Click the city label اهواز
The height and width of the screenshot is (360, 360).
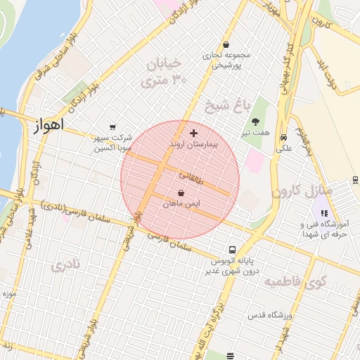click(48, 126)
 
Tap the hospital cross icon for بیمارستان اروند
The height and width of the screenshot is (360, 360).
click(194, 133)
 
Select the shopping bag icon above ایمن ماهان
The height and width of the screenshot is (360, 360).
click(181, 193)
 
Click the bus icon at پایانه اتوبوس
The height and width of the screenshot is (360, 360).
click(232, 250)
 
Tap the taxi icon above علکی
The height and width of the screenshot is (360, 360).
click(283, 138)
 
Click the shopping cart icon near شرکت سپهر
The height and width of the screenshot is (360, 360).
click(112, 127)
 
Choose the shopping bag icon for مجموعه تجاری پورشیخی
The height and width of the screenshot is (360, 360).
click(226, 44)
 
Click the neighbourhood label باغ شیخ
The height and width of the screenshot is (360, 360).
click(227, 106)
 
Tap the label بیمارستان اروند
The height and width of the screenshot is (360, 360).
click(195, 143)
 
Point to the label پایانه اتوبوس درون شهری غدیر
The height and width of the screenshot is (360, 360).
click(233, 265)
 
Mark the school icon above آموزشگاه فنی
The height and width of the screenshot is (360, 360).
click(323, 213)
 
